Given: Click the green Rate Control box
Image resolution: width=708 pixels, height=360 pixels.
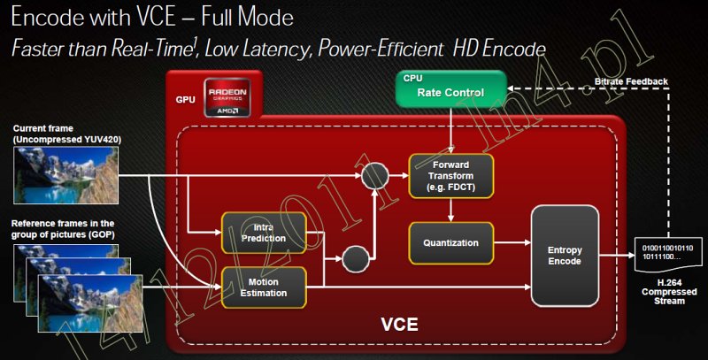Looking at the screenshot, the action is point(451,88).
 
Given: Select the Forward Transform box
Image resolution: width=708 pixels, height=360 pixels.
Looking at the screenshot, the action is point(451,176).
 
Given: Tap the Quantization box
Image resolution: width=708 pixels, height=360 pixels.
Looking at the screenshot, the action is point(451,242).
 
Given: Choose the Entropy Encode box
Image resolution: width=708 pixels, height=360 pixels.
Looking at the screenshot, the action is point(565,256).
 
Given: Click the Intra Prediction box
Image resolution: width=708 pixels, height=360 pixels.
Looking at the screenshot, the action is point(264,233).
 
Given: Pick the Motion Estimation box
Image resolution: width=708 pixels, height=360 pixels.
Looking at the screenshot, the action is point(264,287).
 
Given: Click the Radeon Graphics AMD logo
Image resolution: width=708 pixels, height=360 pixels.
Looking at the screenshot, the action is point(227,97).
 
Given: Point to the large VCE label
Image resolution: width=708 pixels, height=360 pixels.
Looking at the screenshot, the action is point(400,325).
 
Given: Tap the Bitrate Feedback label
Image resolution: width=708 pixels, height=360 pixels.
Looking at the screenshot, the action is point(631,81).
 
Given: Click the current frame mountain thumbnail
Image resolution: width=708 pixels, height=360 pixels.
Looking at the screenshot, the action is point(65,175).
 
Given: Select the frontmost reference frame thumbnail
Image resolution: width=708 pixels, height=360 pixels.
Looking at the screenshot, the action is point(90,303).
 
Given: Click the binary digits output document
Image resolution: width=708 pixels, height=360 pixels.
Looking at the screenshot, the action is point(667,254).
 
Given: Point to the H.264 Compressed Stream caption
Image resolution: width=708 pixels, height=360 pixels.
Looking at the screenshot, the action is point(669,291).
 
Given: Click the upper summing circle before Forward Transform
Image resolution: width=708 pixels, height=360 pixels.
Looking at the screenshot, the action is point(374,176).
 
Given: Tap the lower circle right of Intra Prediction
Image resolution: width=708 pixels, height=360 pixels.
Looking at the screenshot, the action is point(356,259).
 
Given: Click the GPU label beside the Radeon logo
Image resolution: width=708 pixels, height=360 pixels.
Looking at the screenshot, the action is point(186,99).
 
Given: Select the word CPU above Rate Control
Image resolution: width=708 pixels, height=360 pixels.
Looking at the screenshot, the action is point(412,78).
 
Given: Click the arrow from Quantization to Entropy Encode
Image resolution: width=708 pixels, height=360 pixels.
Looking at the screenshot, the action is point(512,242).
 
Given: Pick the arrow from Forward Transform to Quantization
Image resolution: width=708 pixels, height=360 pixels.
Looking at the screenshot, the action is point(451,210).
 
